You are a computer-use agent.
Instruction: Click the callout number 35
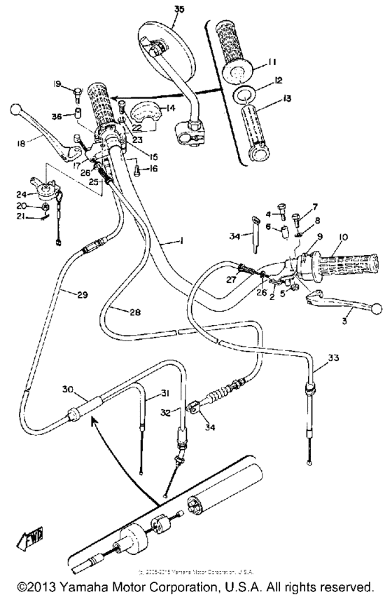coord(179,8)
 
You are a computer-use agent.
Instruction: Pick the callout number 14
coord(170,108)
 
